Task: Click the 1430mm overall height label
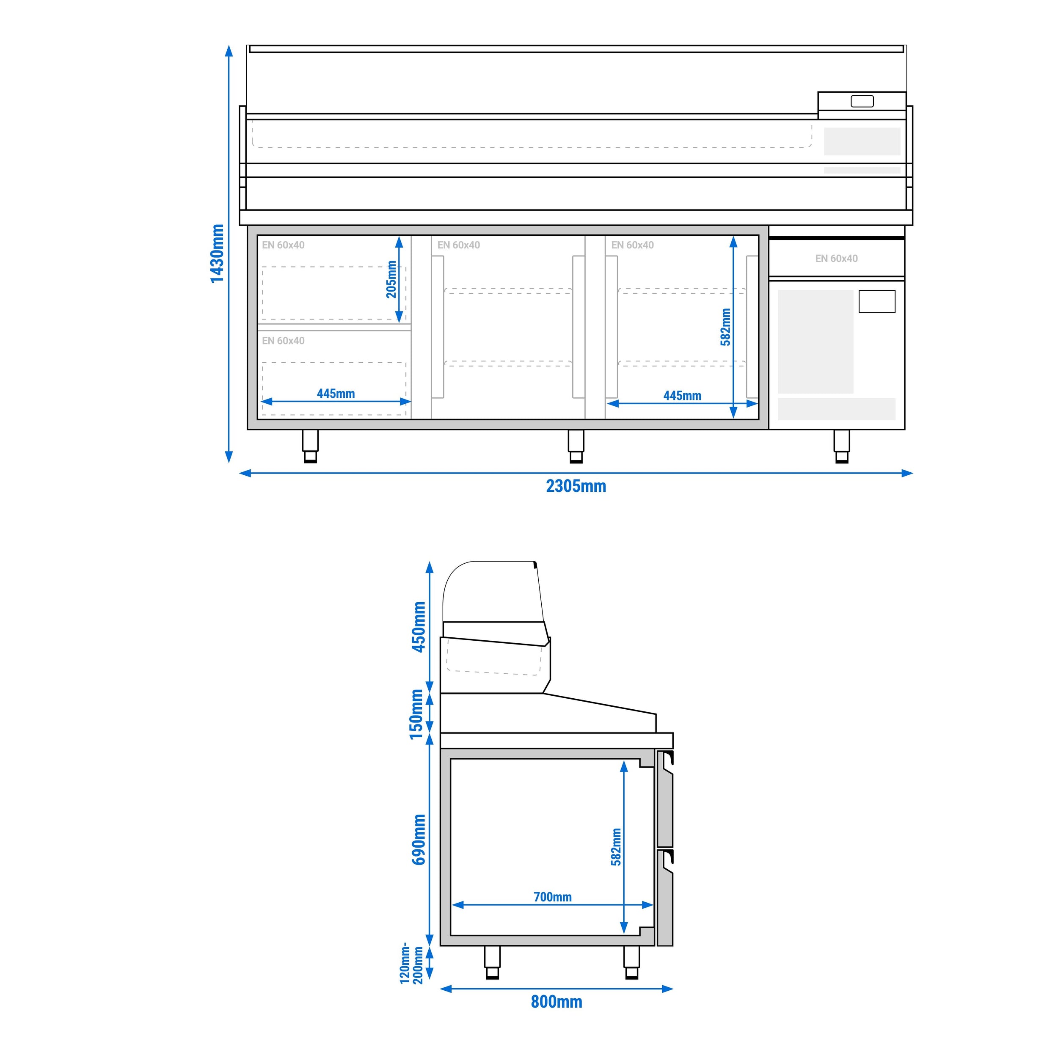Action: coord(218,253)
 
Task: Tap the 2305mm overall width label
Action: coord(576,486)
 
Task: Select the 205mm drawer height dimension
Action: coord(391,279)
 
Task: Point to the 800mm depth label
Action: coord(557,1002)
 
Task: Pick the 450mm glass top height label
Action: coord(419,627)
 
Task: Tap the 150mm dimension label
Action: coord(417,714)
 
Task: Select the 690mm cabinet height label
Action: coord(419,840)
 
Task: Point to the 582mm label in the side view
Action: coord(616,847)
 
